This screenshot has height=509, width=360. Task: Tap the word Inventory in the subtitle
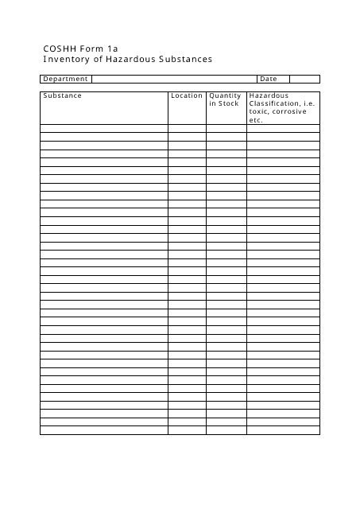click(67, 60)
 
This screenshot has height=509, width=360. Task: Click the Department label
click(65, 79)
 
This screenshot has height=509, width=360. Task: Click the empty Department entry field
click(174, 79)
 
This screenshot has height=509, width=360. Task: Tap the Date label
click(269, 79)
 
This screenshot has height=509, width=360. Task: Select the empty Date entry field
click(304, 79)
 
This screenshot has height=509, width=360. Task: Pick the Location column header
click(187, 96)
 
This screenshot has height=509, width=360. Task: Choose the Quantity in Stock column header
click(225, 100)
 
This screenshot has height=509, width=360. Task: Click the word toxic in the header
click(260, 112)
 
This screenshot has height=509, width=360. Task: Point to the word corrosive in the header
click(290, 112)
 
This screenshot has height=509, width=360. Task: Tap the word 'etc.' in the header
click(256, 120)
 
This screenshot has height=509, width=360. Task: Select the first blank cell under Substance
click(103, 128)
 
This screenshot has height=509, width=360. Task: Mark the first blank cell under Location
click(187, 128)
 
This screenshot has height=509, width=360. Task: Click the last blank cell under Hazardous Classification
click(283, 430)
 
